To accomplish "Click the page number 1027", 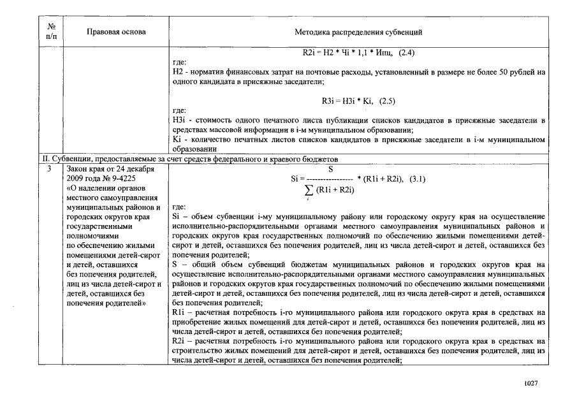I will click(531, 384).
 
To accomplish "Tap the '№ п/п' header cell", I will click(52, 31).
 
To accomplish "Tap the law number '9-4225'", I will click(120, 178).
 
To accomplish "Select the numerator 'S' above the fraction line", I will click(331, 170).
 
